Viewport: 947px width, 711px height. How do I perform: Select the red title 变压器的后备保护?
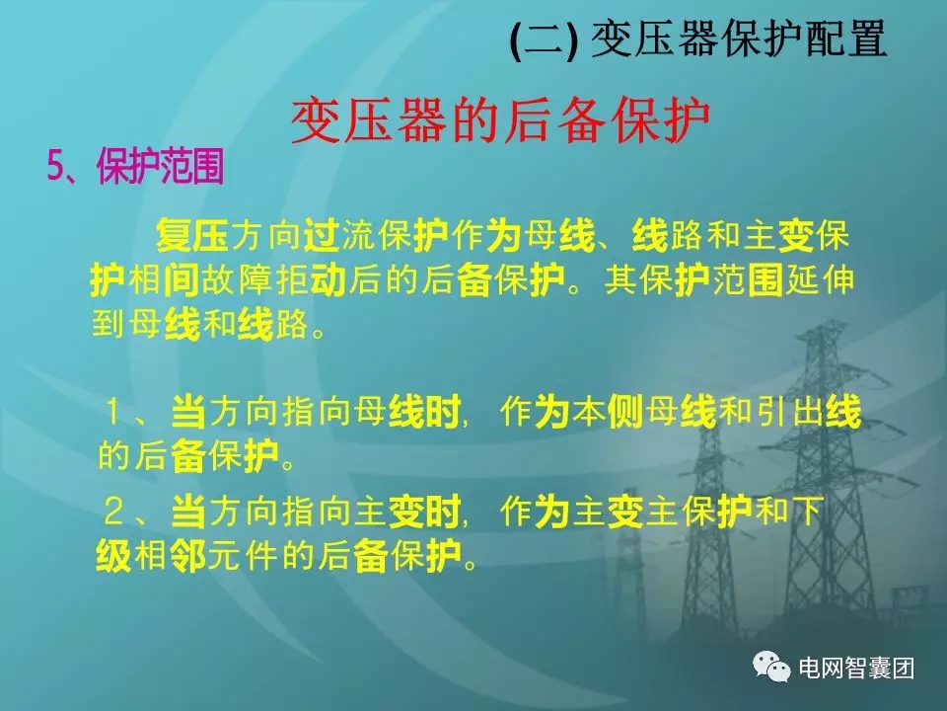pos(501,122)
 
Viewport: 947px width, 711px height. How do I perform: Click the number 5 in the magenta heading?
pos(55,169)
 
